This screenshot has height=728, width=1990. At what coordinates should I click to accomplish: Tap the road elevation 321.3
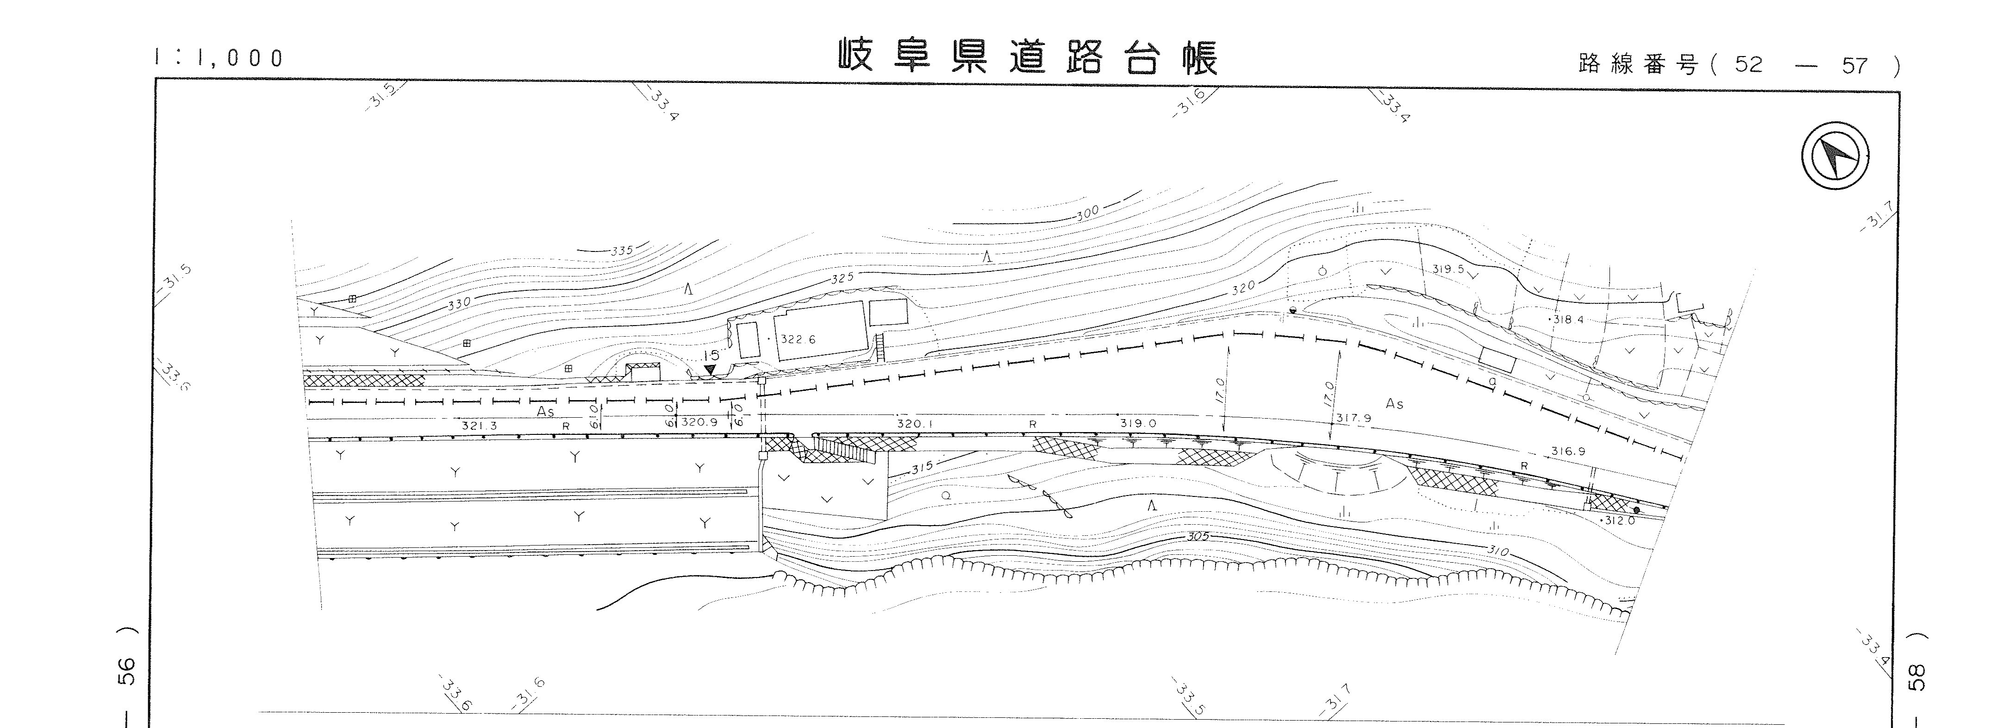(479, 425)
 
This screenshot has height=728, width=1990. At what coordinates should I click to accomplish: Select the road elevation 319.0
(1137, 423)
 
